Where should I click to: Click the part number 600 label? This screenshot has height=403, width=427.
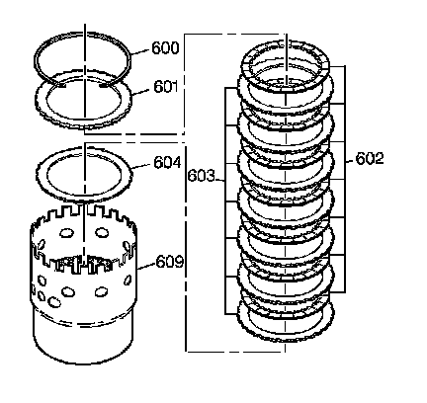[165, 48]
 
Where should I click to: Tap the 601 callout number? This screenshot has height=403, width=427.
[166, 87]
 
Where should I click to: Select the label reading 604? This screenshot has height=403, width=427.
[167, 163]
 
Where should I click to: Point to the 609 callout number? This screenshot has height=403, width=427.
[169, 262]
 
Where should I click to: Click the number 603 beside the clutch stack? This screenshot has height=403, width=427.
[201, 176]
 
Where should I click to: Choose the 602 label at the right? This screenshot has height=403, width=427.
[370, 159]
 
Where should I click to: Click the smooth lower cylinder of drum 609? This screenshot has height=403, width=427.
[83, 343]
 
